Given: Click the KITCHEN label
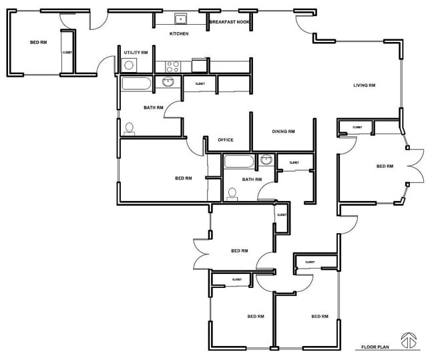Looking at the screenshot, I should click(x=178, y=34).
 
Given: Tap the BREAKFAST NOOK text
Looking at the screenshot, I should click(x=229, y=22).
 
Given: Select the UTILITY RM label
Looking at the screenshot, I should click(x=136, y=52).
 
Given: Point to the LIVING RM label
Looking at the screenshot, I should click(x=364, y=85).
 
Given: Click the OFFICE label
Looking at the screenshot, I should click(x=226, y=140).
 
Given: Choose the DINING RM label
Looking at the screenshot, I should click(x=283, y=132).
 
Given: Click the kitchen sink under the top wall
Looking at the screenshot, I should click(x=180, y=19).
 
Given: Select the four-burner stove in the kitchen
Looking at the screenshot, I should click(x=172, y=66).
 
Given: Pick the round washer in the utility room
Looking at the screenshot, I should click(x=130, y=65).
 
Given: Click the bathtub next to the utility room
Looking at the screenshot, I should click(x=138, y=83).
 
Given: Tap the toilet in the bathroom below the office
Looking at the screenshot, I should click(x=232, y=194).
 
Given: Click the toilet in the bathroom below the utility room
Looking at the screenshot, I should click(x=129, y=128).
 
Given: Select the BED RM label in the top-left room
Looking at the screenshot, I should click(x=39, y=43).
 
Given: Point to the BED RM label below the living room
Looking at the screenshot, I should click(x=385, y=166).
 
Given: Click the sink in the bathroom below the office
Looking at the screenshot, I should click(x=266, y=160).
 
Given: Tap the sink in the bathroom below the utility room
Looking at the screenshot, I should click(x=168, y=82).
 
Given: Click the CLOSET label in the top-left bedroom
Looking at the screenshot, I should click(x=67, y=52).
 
